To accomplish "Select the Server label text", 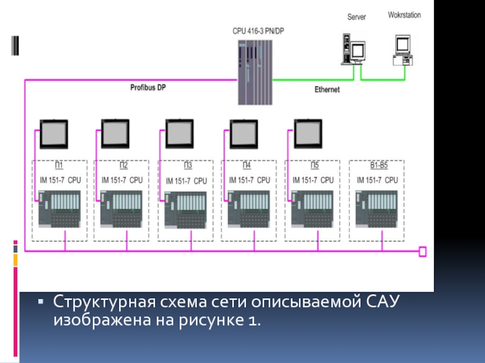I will [x=356, y=18].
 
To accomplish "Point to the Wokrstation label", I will [x=404, y=15].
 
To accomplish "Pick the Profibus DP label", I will [x=148, y=87].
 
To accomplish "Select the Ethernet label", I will [x=327, y=90].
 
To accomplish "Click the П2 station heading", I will [x=123, y=166].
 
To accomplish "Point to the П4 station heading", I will [x=247, y=166].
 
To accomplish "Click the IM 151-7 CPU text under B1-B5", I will [x=377, y=180].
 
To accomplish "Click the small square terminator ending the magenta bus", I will [x=423, y=251].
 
